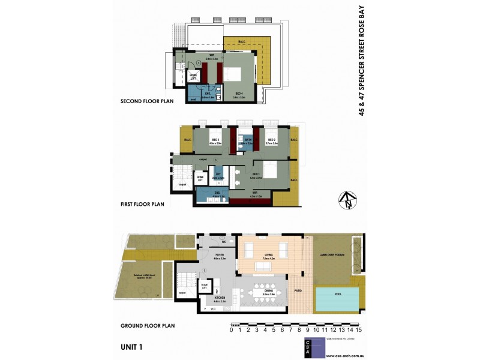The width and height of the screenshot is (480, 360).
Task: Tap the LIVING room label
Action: (268, 256)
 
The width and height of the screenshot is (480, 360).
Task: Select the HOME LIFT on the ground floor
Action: (205, 287)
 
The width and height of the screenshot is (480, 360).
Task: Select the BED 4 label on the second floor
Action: (239, 94)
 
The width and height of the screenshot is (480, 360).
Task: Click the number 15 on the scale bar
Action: (358, 329)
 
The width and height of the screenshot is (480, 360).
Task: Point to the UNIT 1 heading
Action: (131, 347)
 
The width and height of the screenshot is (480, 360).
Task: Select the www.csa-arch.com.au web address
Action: (346, 355)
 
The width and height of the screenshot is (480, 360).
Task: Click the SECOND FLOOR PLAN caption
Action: (147, 101)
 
